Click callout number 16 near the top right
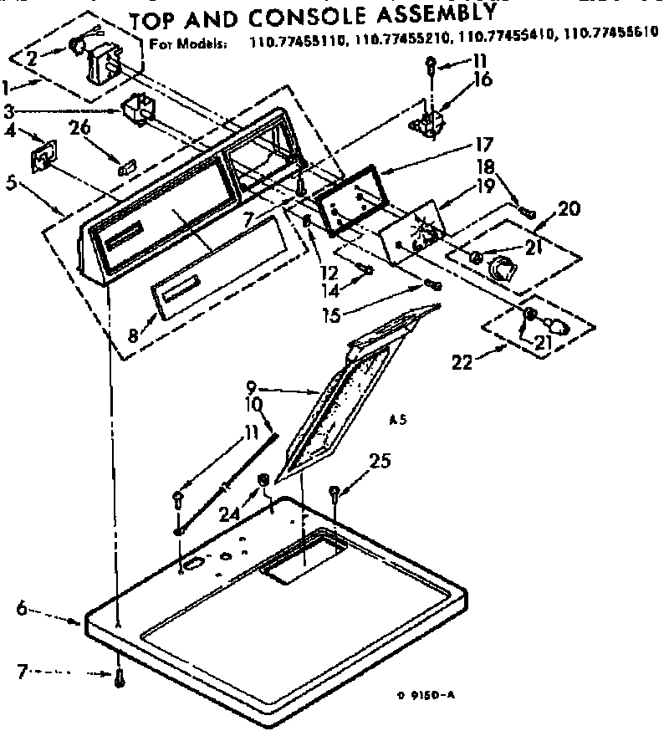(483, 82)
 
